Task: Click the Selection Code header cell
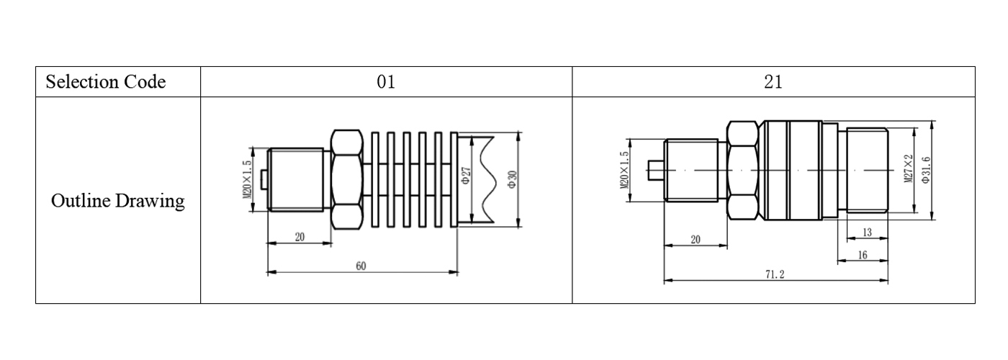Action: coord(106,82)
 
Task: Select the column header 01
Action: coord(386,82)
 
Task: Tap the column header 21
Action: coord(773,82)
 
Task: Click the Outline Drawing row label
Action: coord(118,201)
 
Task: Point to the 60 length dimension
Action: coord(361,266)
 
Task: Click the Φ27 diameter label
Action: coord(467,175)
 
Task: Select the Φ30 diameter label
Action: coord(512,179)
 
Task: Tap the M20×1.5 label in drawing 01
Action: coord(246,179)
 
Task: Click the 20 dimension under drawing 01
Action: coord(300,237)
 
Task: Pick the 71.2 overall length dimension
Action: coord(775,274)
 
